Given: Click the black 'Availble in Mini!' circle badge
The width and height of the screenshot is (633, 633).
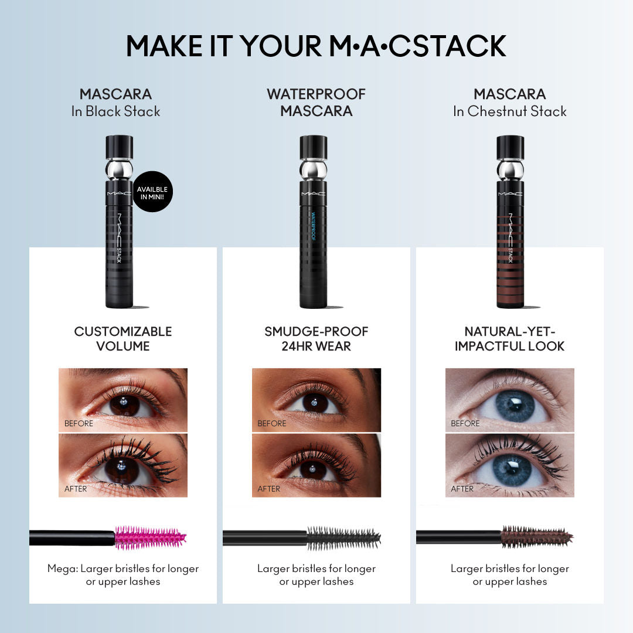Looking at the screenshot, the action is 152,192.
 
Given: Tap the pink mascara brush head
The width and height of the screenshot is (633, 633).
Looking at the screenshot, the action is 150,537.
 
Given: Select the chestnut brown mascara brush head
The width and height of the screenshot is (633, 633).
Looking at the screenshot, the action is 536,537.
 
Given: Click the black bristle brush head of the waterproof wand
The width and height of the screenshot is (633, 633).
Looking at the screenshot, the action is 343,538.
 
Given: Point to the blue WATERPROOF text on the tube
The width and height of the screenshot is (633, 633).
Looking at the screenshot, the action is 313,226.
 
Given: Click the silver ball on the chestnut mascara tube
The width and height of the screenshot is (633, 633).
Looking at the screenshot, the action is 511,169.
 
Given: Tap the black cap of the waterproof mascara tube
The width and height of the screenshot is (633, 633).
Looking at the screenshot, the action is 313,147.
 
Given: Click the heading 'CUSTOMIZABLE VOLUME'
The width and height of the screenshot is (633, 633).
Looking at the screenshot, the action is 123,339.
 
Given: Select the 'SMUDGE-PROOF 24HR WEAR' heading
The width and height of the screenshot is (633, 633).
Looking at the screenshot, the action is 316,339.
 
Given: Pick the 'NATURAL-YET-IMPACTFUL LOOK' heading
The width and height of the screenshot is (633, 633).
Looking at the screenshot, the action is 510,339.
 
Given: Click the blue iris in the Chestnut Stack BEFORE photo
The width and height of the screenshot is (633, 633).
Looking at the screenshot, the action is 515,406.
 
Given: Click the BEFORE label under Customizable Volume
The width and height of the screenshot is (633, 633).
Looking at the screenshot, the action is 79,423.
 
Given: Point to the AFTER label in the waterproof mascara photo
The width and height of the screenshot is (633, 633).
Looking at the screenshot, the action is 269,488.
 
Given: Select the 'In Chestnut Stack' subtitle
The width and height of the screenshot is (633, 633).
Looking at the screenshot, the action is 510,111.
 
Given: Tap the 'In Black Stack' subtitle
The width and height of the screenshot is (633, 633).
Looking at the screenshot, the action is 116,111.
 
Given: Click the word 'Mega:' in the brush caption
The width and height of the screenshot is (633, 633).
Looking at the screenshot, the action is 63,569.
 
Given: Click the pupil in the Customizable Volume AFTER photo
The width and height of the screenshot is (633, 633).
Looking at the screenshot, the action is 122,468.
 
